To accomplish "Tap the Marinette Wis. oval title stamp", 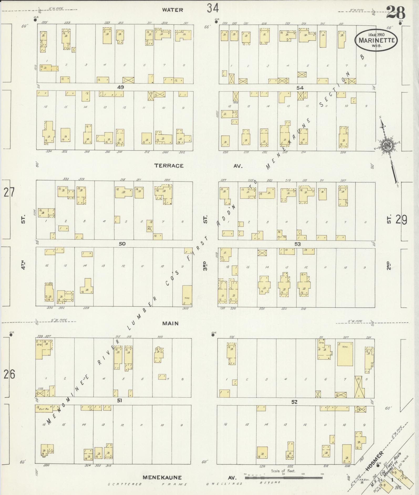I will pos(376,40).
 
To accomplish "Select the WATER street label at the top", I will pos(172,10).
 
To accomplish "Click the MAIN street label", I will pos(170,323).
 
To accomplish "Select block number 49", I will pos(121,87).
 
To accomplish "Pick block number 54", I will pos(300,88).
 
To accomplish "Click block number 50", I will pos(122,244).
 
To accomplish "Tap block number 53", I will pos(297,244).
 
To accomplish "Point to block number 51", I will pos(120,401).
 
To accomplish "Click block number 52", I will pos(294,402).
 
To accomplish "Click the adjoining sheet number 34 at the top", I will pos(213,8).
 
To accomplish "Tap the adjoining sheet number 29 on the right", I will pos(401,220).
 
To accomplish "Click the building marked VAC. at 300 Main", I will pos(187,296).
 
